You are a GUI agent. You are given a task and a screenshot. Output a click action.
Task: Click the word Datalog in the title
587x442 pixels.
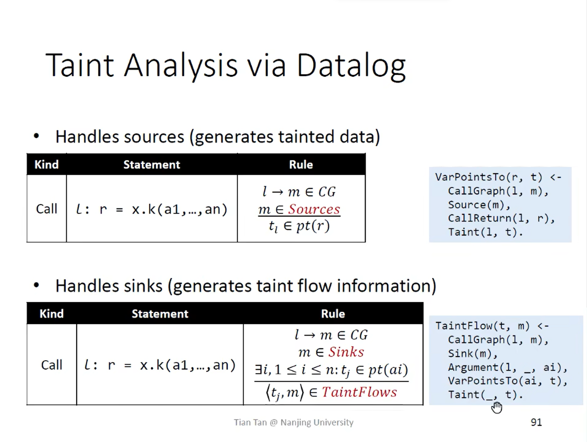[351, 65]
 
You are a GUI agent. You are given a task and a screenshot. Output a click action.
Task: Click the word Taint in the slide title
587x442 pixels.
[79, 65]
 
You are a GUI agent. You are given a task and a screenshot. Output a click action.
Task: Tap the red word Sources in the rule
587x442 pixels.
[314, 209]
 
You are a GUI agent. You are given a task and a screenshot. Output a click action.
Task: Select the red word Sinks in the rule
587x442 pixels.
[346, 352]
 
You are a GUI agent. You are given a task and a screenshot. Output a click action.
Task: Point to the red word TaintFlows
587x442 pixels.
[359, 392]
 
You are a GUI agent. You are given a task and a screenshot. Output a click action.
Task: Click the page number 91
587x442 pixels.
[536, 422]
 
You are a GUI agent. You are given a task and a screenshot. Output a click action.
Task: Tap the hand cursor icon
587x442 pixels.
[497, 407]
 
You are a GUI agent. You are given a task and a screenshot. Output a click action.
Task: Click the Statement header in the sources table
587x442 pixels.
[151, 165]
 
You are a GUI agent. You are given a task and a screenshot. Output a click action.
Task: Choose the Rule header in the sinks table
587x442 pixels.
[333, 314]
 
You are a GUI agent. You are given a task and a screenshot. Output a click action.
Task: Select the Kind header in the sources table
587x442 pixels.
[46, 165]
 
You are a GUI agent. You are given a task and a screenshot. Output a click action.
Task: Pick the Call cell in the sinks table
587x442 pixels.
[52, 365]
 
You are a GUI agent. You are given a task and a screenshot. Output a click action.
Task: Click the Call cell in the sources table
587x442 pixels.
[46, 209]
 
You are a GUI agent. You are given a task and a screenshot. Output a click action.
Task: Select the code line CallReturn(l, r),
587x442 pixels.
[501, 219]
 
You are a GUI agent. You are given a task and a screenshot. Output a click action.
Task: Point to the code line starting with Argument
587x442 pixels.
[508, 368]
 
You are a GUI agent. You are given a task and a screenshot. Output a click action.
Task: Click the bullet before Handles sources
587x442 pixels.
[36, 136]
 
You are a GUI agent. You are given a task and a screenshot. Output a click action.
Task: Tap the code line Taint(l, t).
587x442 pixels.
[485, 232]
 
